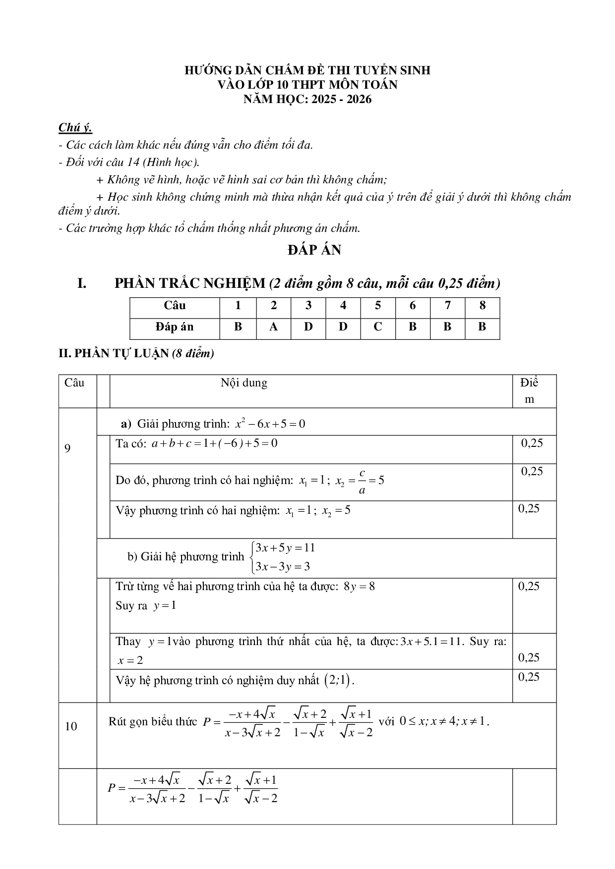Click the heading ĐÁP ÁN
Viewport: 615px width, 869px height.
pos(314,250)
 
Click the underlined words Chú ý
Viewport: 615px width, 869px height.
pos(75,127)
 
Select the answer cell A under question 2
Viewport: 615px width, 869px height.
pos(273,327)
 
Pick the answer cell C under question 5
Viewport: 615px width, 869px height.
pos(378,327)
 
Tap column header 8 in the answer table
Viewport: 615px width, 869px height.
pos(482,306)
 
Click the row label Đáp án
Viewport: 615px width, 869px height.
pos(174,327)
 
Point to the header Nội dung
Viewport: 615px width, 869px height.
pos(244,383)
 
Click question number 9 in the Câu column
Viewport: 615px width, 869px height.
pos(68,448)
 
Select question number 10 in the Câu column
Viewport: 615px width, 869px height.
pos(71,726)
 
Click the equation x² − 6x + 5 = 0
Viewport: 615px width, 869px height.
pos(270,424)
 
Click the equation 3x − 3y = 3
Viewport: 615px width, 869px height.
pos(282,566)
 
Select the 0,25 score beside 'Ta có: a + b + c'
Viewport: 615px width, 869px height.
pos(532,443)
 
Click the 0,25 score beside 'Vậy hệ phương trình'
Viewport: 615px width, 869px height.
pos(529,677)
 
